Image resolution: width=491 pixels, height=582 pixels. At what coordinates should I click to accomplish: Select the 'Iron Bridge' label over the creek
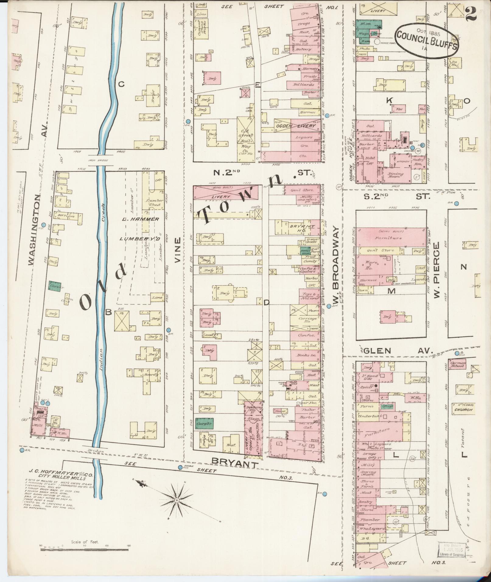point(96,159)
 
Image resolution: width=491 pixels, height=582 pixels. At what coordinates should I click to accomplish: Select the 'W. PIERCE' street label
point(437,270)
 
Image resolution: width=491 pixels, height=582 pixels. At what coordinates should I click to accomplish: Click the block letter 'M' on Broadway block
point(391,291)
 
